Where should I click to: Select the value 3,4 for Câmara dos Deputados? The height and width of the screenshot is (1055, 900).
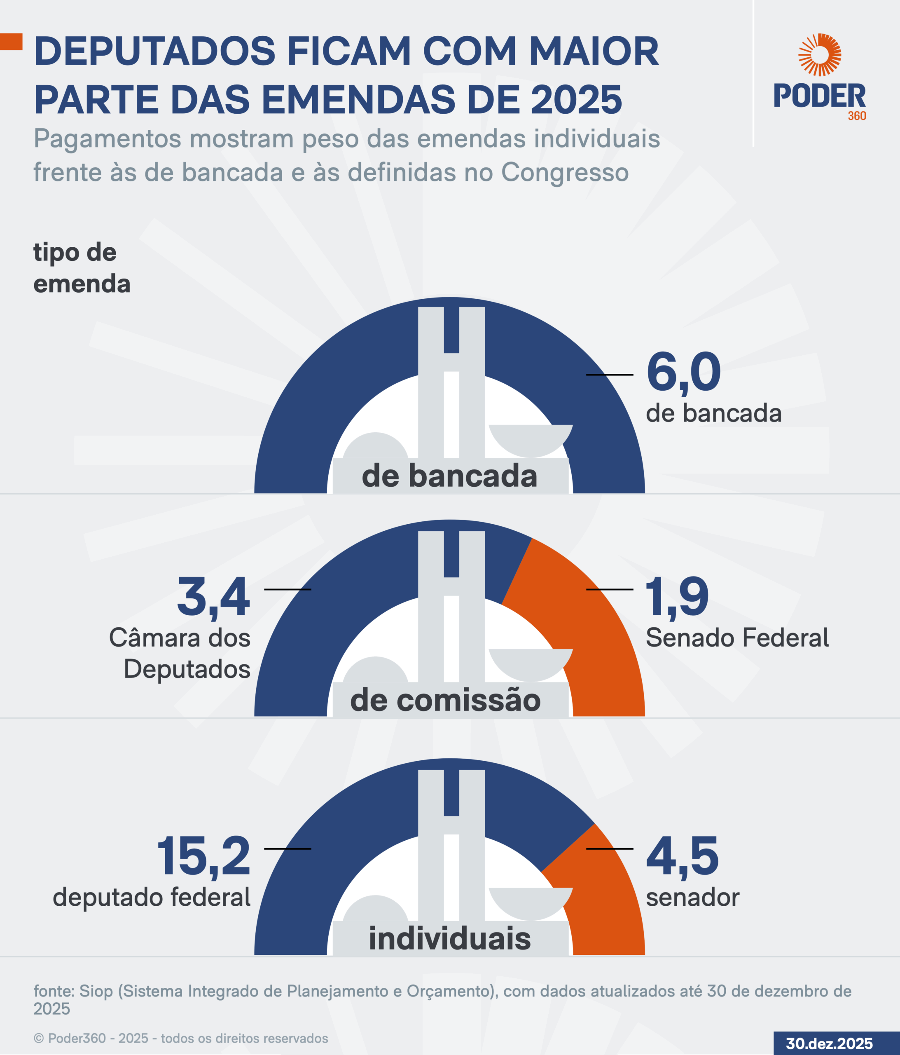(213, 597)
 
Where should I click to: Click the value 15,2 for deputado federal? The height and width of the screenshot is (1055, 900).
(203, 856)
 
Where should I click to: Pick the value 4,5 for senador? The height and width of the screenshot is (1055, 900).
(682, 856)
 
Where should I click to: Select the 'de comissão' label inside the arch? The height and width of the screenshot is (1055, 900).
(445, 700)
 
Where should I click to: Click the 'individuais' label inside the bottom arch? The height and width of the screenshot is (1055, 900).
(449, 938)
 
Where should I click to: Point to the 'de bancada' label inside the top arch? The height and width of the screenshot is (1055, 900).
(449, 476)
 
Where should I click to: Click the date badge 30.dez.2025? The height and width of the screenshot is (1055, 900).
(829, 1043)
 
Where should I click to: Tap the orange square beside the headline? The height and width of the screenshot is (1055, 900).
(11, 42)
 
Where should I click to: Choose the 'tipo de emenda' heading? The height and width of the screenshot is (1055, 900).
(82, 268)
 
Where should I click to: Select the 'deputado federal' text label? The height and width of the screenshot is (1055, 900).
(152, 897)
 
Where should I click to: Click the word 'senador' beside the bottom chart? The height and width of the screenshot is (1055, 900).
(692, 897)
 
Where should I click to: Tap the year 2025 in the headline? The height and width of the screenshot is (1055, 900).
(576, 99)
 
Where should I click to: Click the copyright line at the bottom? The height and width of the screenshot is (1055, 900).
(181, 1038)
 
